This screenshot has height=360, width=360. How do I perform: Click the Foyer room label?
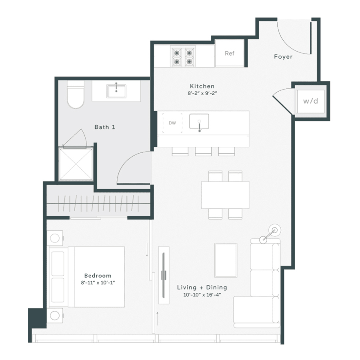click(x=283, y=57)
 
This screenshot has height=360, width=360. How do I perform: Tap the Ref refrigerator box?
click(x=230, y=53)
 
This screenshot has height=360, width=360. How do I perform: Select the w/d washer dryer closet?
click(x=310, y=101)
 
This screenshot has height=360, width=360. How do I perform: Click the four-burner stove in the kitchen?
click(x=184, y=56)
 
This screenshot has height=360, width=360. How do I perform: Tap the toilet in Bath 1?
click(x=76, y=96)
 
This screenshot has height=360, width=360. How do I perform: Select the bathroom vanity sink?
click(x=116, y=91)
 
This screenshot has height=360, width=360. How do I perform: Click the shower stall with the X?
click(x=76, y=163)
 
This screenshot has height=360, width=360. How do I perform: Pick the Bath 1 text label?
click(x=105, y=127)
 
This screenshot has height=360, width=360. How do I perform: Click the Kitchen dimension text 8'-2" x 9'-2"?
click(x=202, y=93)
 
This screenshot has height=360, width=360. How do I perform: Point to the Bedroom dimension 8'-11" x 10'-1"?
click(x=98, y=282)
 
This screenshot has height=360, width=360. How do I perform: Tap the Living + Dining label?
click(x=202, y=287)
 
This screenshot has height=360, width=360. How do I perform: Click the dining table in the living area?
click(x=225, y=195)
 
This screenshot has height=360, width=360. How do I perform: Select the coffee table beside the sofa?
click(x=226, y=260)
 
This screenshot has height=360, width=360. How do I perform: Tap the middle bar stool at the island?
click(x=203, y=151)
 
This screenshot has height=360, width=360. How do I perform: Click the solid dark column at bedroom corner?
click(x=37, y=318)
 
